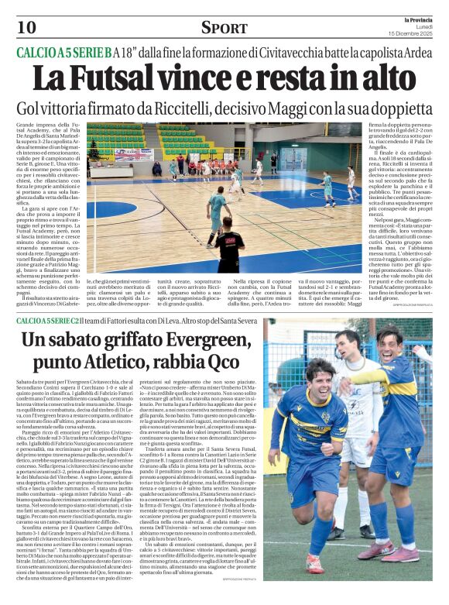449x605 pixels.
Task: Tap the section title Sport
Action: pyautogui.click(x=225, y=28)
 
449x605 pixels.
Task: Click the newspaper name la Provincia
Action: pyautogui.click(x=420, y=19)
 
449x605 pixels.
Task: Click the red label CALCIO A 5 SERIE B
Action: pyautogui.click(x=63, y=53)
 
